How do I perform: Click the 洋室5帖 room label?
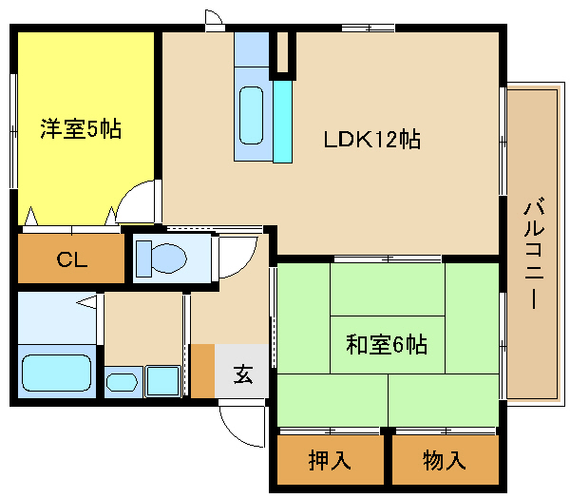[x=81, y=128]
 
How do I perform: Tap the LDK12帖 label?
[x=372, y=139]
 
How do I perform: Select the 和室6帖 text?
[x=387, y=344]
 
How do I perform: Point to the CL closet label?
[x=72, y=259]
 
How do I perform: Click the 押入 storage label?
[x=330, y=460]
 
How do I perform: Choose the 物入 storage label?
[x=445, y=460]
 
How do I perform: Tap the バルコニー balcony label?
[x=534, y=253]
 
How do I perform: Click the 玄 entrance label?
[x=243, y=374]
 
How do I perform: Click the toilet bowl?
[x=169, y=259]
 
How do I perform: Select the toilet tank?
[x=143, y=259]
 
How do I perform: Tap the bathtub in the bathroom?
[x=56, y=373]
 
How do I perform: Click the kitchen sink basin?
[x=251, y=115]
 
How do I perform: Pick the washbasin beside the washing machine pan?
[x=122, y=382]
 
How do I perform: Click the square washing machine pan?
[x=163, y=381]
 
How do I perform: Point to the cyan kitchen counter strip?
[x=283, y=121]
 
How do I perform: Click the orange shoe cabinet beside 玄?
[x=203, y=371]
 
